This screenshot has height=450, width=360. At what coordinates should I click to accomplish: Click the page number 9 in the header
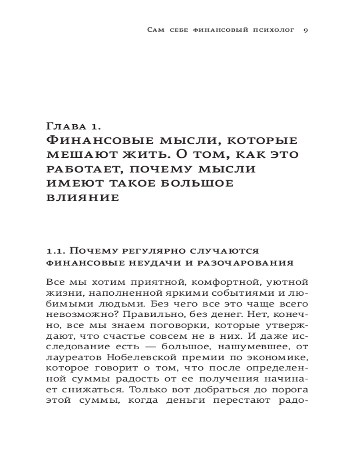pos(305,30)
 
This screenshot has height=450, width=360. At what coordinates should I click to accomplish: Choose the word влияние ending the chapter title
pos(83,198)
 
